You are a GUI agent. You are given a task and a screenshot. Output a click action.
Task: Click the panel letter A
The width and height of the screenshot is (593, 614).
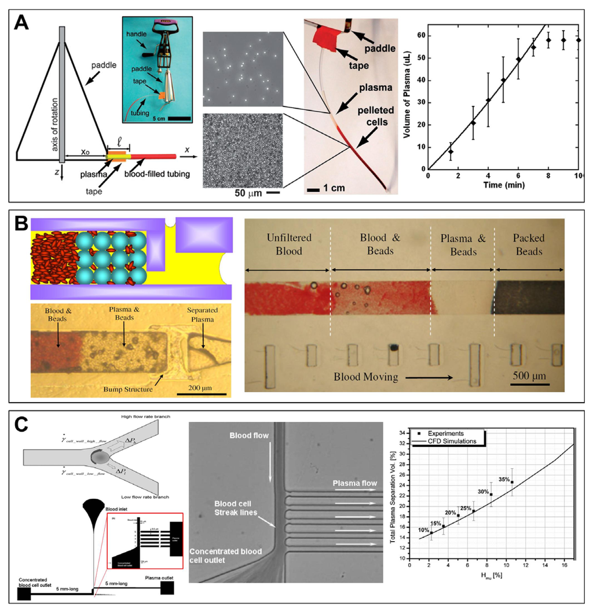[x=22, y=24]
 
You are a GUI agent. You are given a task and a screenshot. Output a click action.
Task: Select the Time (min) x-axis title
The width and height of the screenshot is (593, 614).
[x=503, y=183]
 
